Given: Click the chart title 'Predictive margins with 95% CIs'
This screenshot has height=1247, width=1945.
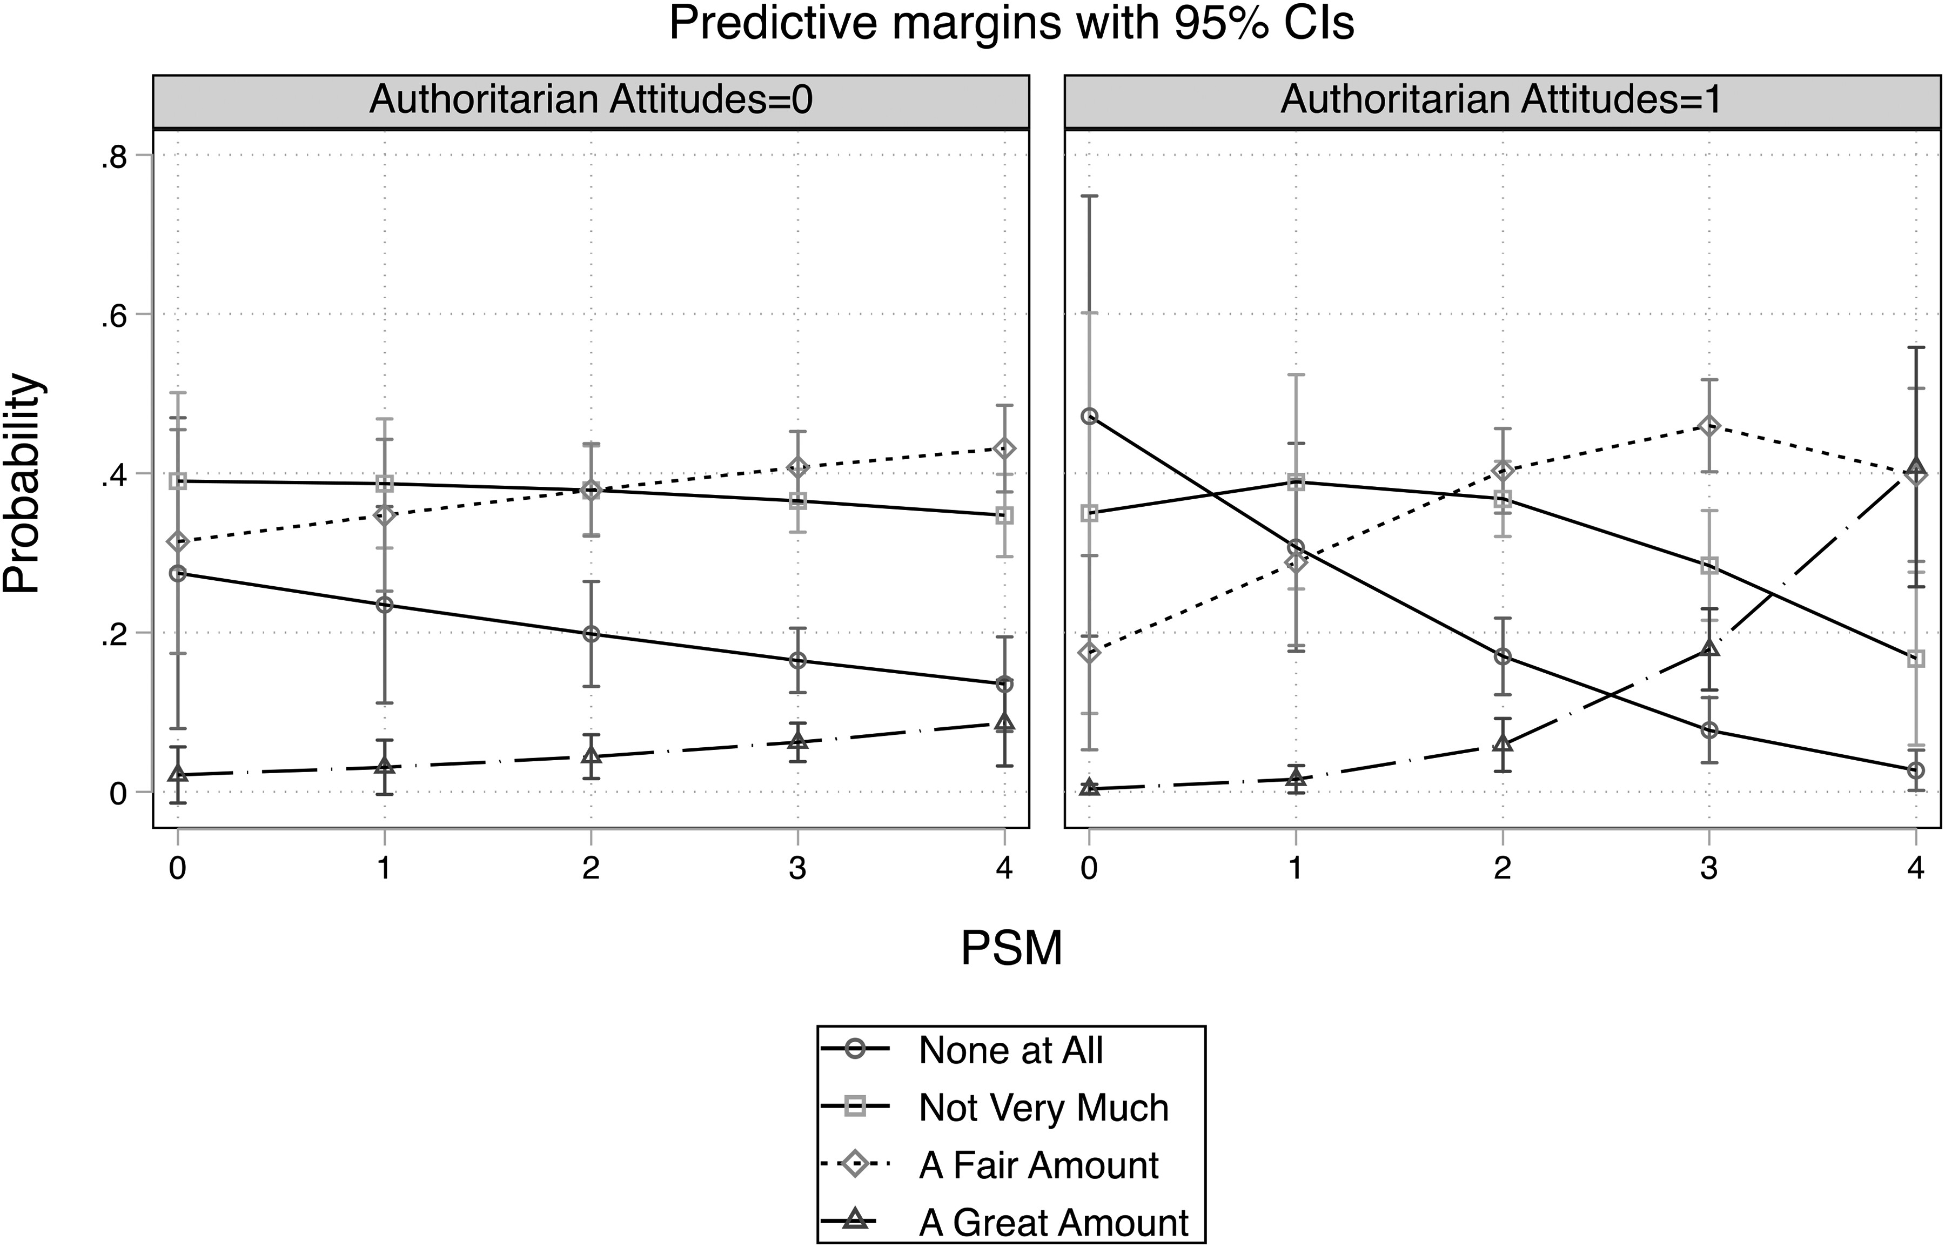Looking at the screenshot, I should (1011, 24).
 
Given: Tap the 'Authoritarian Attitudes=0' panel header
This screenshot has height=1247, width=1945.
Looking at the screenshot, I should (591, 100).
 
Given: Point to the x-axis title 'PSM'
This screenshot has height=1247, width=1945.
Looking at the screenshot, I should (1011, 947).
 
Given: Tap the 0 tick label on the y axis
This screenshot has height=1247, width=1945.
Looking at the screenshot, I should (118, 794).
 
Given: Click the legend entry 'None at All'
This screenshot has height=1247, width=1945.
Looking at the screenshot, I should (1010, 1051).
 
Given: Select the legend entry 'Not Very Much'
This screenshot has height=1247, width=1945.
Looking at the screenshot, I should (1043, 1108).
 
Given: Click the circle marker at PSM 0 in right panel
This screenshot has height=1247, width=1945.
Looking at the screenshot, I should (1090, 416).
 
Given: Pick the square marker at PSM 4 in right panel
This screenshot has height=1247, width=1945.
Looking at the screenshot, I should (1916, 659).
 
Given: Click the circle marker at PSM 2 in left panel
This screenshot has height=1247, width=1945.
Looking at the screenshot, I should (591, 634).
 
